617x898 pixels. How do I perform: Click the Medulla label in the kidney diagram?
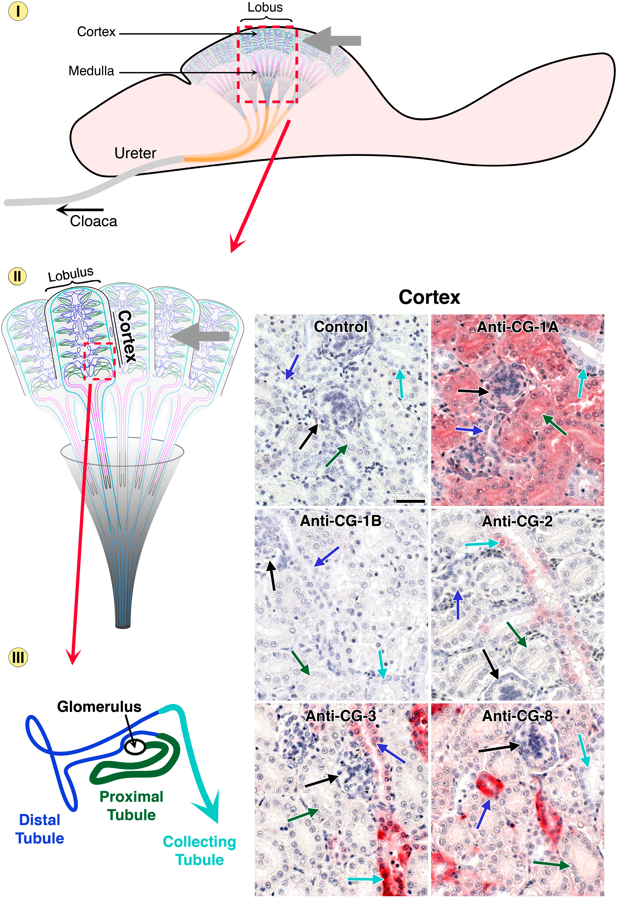(91, 71)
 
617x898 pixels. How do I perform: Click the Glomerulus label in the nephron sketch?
(99, 707)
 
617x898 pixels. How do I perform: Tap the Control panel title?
(341, 327)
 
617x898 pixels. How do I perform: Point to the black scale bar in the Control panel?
(410, 501)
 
